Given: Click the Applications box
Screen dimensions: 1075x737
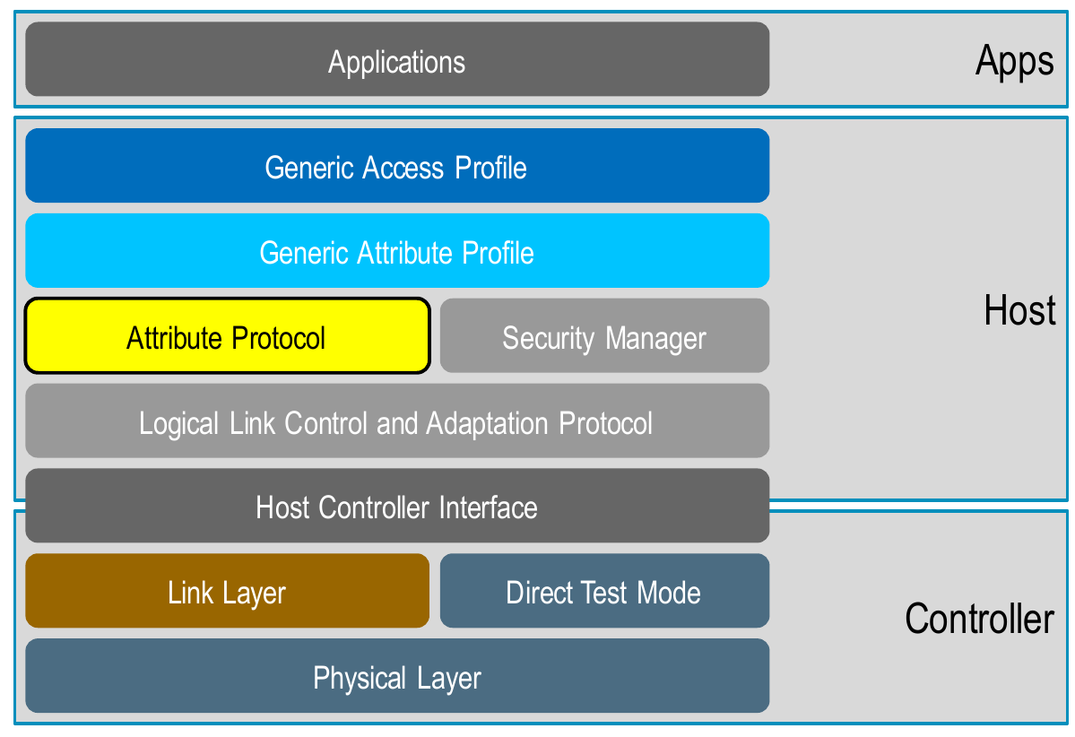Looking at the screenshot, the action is (x=397, y=59).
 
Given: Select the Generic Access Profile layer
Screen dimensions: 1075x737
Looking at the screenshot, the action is (x=397, y=165).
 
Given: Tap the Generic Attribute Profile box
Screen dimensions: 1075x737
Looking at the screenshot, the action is (x=397, y=250).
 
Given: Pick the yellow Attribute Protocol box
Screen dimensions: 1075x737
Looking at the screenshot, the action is (x=228, y=335).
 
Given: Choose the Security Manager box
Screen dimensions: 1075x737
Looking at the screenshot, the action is (x=604, y=335).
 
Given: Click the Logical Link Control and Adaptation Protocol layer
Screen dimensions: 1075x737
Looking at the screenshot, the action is (x=397, y=421).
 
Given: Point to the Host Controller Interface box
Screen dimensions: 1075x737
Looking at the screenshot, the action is (x=397, y=506).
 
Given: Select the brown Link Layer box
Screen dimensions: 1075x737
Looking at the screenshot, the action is (x=228, y=590).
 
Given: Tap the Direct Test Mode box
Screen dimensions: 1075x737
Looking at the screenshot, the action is (x=604, y=590).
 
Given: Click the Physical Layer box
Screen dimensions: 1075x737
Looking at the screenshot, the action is (x=397, y=675).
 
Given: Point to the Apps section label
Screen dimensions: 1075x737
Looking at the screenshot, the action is (x=1015, y=62).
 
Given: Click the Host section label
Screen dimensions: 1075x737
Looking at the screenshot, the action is (x=1019, y=310).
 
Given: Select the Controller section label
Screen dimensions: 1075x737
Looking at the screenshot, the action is (x=979, y=619).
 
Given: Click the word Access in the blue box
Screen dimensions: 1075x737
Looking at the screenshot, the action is (x=403, y=168).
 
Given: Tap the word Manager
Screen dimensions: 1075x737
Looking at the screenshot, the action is (x=655, y=340).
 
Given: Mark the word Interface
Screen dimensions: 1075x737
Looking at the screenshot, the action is (x=488, y=508).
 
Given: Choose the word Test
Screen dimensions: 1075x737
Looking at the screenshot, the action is (x=604, y=593).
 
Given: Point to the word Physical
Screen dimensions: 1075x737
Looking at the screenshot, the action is (x=360, y=679).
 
